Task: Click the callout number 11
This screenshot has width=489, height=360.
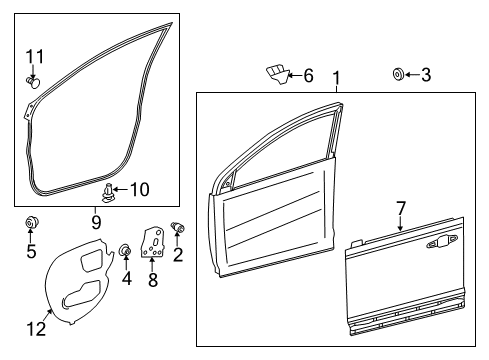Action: click(35, 57)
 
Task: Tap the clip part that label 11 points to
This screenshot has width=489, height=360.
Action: click(33, 82)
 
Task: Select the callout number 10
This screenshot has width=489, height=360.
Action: click(139, 190)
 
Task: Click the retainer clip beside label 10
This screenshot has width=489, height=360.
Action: click(107, 193)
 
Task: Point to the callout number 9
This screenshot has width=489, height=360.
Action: click(96, 222)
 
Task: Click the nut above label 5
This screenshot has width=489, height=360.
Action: click(32, 222)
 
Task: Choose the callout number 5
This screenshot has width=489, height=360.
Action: click(31, 251)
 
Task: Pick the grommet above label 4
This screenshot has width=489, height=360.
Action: click(125, 250)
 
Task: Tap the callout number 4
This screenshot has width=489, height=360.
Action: click(126, 278)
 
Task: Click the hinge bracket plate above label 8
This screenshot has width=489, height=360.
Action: click(153, 242)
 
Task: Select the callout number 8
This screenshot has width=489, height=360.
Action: click(153, 279)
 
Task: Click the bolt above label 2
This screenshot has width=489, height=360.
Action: click(178, 228)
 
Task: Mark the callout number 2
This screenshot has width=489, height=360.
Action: click(178, 254)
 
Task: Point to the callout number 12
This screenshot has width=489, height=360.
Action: click(36, 329)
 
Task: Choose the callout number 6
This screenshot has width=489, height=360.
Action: click(308, 76)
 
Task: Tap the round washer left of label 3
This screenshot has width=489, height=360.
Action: click(398, 74)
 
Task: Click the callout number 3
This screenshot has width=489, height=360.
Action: click(426, 75)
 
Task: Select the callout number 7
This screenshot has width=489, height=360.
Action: click(401, 208)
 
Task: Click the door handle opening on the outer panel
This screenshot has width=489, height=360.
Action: click(442, 241)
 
